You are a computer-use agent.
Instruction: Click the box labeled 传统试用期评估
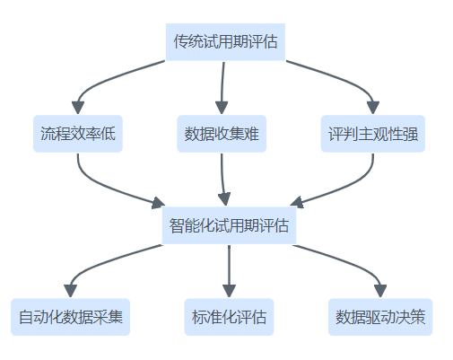pos(225,42)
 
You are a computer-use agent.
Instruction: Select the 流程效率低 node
pos(78,134)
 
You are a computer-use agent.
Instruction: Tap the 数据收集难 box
pos(222,134)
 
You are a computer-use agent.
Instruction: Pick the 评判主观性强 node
pos(373,134)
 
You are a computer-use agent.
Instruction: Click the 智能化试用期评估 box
pos(229,225)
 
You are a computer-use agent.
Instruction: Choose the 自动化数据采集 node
pos(71,317)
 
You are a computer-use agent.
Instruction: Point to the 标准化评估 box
pos(229,317)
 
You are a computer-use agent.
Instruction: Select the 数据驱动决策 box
pos(380,317)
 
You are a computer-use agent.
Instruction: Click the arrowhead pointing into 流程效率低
pos(78,108)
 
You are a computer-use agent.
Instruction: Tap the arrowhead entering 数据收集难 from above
pos(222,108)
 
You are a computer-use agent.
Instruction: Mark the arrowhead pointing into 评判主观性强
pos(373,108)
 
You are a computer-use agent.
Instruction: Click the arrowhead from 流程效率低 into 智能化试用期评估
pos(158,203)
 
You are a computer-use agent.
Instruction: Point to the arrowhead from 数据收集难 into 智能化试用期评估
pos(224,199)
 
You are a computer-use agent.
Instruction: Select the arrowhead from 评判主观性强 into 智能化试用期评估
pos(297,202)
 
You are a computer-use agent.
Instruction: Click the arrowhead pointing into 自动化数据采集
pos(71,291)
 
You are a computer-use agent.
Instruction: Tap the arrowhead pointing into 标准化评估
pos(229,291)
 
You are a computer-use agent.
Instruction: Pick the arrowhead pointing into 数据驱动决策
pos(380,291)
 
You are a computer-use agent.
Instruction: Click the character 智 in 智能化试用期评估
pos(177,225)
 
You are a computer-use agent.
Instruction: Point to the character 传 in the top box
pos(180,42)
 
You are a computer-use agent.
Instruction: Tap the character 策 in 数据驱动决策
pos(418,317)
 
